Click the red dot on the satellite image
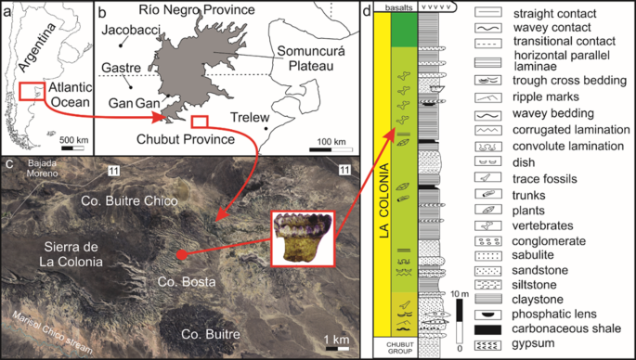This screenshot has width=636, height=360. pyautogui.click(x=181, y=254)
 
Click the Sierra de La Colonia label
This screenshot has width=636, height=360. pyautogui.click(x=73, y=253)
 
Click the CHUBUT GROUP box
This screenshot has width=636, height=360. pyautogui.click(x=392, y=349)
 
